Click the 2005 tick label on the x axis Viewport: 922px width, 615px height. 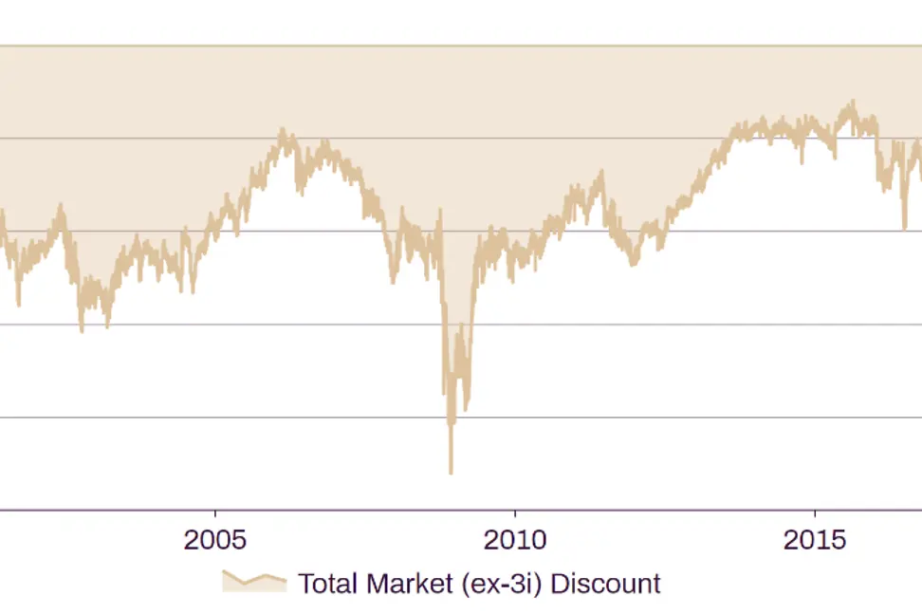tap(215, 541)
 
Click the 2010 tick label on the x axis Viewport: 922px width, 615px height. tap(515, 541)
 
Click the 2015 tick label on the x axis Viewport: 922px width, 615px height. tap(815, 541)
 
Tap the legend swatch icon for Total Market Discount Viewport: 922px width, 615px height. tap(253, 582)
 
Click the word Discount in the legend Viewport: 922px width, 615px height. tap(605, 582)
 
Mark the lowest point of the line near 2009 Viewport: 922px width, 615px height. tap(451, 472)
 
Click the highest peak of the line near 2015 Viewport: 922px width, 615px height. tap(853, 102)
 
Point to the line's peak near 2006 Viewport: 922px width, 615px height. tap(282, 130)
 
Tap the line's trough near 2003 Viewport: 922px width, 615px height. tap(82, 330)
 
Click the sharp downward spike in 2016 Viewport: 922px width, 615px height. tap(904, 228)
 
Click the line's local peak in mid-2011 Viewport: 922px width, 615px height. tap(601, 173)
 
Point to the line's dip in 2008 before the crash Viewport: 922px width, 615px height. tap(394, 282)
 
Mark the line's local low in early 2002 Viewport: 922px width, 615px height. tap(18, 305)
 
